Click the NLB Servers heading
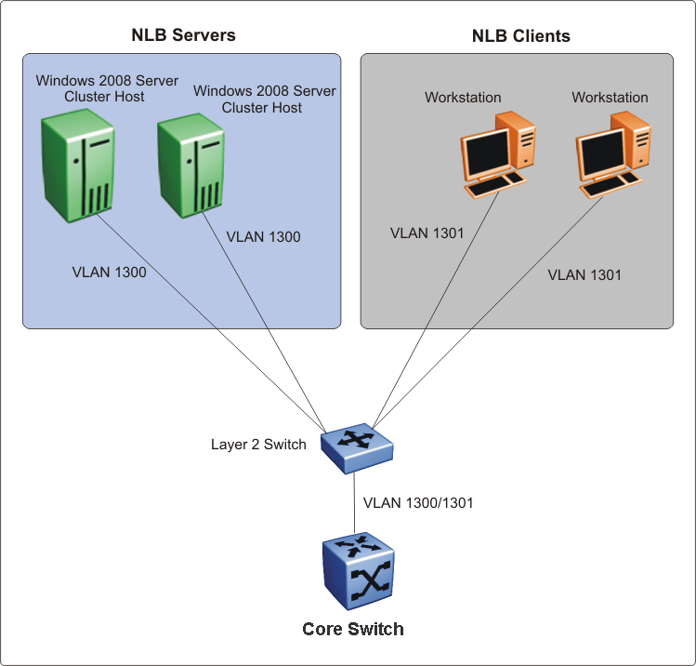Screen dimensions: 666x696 (x=183, y=35)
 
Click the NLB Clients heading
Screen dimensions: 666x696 (x=520, y=36)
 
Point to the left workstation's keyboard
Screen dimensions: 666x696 (x=494, y=186)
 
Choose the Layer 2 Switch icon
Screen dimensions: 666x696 (x=357, y=444)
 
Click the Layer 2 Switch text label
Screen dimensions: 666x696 (x=258, y=444)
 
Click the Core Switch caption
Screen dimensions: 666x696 (x=353, y=630)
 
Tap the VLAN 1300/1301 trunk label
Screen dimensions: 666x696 (x=418, y=503)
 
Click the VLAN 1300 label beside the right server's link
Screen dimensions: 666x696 (x=263, y=237)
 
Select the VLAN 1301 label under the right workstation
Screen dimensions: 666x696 (x=584, y=274)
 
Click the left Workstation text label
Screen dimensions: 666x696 (x=463, y=97)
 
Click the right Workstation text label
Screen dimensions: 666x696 (x=610, y=97)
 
